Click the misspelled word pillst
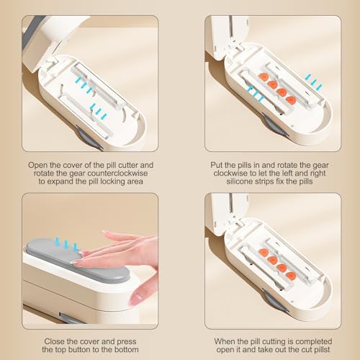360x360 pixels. [x=320, y=349]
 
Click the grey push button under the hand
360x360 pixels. [x=77, y=261]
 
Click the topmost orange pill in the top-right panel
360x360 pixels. [x=264, y=77]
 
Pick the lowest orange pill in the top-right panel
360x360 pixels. [x=292, y=100]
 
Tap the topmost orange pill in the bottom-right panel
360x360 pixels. [x=264, y=253]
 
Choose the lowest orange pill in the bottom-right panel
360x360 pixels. [x=291, y=276]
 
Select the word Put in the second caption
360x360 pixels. [x=217, y=165]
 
